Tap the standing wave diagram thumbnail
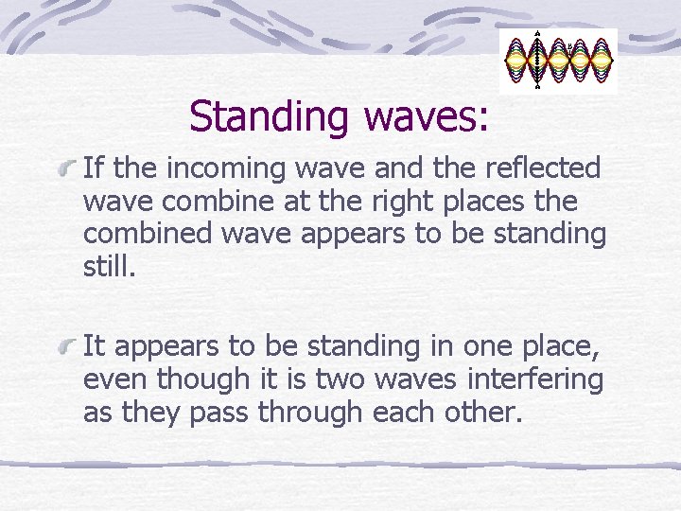coord(558,60)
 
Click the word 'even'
coord(115,380)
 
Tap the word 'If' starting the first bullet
coord(93,168)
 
